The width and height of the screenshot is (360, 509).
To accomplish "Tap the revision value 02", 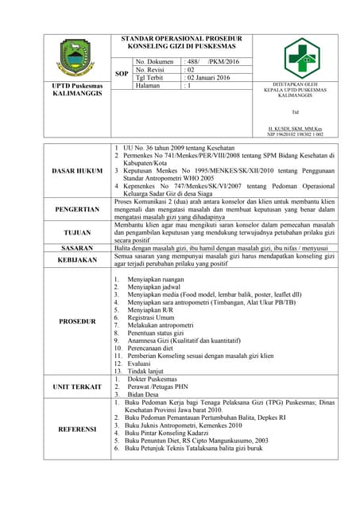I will pos(191,70).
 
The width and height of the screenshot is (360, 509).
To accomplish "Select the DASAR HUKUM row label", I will pos(77,171).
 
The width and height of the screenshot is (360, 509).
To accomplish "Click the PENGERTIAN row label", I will pos(77,210).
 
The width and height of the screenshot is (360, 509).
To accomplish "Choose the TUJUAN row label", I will pos(77,232).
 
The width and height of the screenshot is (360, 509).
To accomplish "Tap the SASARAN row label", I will pos(77,248).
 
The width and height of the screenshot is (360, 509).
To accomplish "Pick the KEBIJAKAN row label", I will pos(77,260).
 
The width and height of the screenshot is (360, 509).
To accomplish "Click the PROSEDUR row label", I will pos(77,322).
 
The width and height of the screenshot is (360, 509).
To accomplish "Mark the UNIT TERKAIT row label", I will pos(77,387).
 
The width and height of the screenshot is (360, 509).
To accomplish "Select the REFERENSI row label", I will pos(77,429).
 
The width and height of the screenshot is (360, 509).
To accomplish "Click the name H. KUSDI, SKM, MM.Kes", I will pos(295,129).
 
